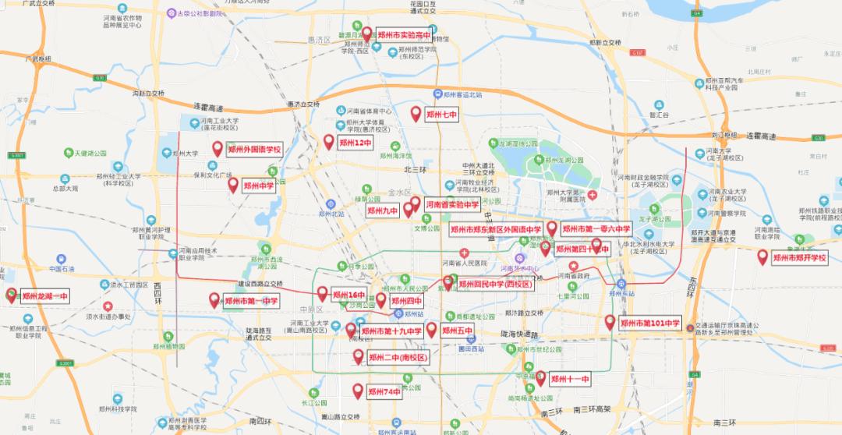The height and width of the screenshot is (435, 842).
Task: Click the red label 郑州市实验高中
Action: [403, 35]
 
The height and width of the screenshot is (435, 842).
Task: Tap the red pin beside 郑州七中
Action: [416, 113]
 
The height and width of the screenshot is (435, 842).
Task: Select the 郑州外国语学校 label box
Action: [253, 149]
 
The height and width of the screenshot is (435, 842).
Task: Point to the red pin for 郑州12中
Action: [329, 142]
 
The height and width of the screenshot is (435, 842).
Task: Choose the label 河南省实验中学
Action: [452, 204]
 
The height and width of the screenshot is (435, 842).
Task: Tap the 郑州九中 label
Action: [383, 210]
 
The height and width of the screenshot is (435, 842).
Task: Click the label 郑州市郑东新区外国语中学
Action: [496, 229]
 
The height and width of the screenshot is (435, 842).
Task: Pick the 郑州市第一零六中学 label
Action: [596, 229]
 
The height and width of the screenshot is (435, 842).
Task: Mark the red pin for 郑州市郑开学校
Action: [762, 256]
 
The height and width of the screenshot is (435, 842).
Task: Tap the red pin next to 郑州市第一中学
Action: [214, 299]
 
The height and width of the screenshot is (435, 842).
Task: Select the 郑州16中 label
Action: [348, 295]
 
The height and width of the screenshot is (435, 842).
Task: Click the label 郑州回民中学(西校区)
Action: [495, 285]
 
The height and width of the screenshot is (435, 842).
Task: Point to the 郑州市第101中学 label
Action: [650, 323]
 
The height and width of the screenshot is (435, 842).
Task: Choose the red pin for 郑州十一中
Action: [540, 378]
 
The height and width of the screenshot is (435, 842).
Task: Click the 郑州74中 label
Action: [384, 392]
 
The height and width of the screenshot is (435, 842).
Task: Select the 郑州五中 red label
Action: [458, 331]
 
